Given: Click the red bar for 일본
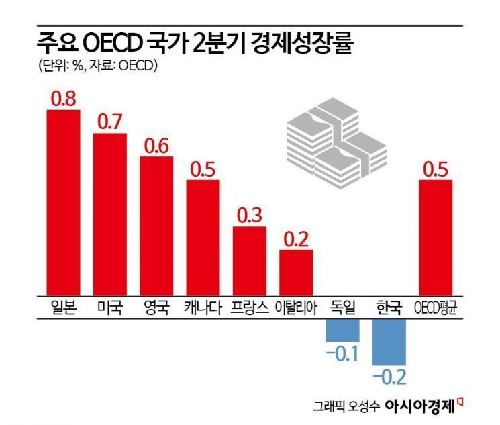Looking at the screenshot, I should pyautogui.click(x=63, y=201).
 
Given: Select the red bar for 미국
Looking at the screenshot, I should pyautogui.click(x=109, y=214).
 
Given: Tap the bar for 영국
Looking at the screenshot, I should pyautogui.click(x=156, y=226).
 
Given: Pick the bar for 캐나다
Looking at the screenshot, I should pyautogui.click(x=203, y=237).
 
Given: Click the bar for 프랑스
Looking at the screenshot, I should pyautogui.click(x=250, y=261).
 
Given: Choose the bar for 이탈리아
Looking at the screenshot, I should pyautogui.click(x=296, y=272).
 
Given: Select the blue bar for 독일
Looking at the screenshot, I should pyautogui.click(x=343, y=330).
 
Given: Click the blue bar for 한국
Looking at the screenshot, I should pyautogui.click(x=389, y=342).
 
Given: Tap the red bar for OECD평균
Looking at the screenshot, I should pyautogui.click(x=436, y=237).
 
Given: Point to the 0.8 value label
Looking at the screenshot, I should pyautogui.click(x=63, y=99).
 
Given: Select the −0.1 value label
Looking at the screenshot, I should pyautogui.click(x=343, y=353).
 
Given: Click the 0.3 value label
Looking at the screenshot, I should pyautogui.click(x=250, y=216).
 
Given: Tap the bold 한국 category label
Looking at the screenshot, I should pyautogui.click(x=389, y=308).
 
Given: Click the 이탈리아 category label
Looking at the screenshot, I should pyautogui.click(x=296, y=308).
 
